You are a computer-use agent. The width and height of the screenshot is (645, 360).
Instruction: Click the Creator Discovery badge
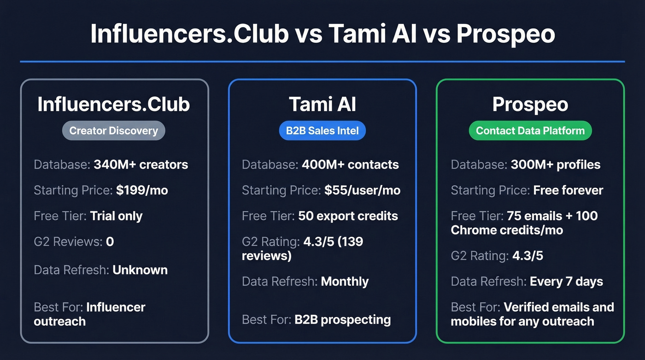pyautogui.click(x=113, y=131)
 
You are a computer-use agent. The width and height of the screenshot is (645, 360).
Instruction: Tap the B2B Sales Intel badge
pyautogui.click(x=322, y=131)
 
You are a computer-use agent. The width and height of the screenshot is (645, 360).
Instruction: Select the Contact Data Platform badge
pyautogui.click(x=530, y=131)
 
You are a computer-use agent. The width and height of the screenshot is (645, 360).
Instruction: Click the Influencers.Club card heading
pyautogui.click(x=113, y=104)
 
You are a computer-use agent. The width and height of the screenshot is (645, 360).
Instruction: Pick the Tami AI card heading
pyautogui.click(x=322, y=104)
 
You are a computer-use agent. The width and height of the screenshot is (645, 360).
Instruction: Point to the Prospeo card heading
pyautogui.click(x=530, y=104)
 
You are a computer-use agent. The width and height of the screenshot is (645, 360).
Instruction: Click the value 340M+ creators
pyautogui.click(x=141, y=165)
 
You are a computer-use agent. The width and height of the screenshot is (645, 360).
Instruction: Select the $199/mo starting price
pyautogui.click(x=142, y=190)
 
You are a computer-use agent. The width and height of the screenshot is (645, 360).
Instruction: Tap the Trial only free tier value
pyautogui.click(x=116, y=216)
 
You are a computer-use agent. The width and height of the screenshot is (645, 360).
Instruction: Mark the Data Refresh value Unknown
pyautogui.click(x=140, y=270)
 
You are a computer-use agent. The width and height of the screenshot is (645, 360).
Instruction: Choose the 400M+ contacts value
pyautogui.click(x=350, y=165)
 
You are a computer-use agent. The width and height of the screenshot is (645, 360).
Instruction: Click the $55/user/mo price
pyautogui.click(x=362, y=190)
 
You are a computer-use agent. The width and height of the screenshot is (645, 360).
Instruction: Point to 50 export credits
pyautogui.click(x=348, y=216)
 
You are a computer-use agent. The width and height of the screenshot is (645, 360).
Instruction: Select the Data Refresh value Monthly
pyautogui.click(x=345, y=281)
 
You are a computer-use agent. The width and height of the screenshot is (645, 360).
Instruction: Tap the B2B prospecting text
pyautogui.click(x=342, y=319)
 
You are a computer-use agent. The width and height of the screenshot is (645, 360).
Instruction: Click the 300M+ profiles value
pyautogui.click(x=555, y=165)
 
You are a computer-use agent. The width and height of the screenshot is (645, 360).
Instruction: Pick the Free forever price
pyautogui.click(x=568, y=190)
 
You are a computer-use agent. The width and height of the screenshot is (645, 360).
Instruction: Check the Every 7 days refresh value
pyautogui.click(x=566, y=281)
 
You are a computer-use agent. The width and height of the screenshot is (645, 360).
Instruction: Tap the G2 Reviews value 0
pyautogui.click(x=110, y=241)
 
